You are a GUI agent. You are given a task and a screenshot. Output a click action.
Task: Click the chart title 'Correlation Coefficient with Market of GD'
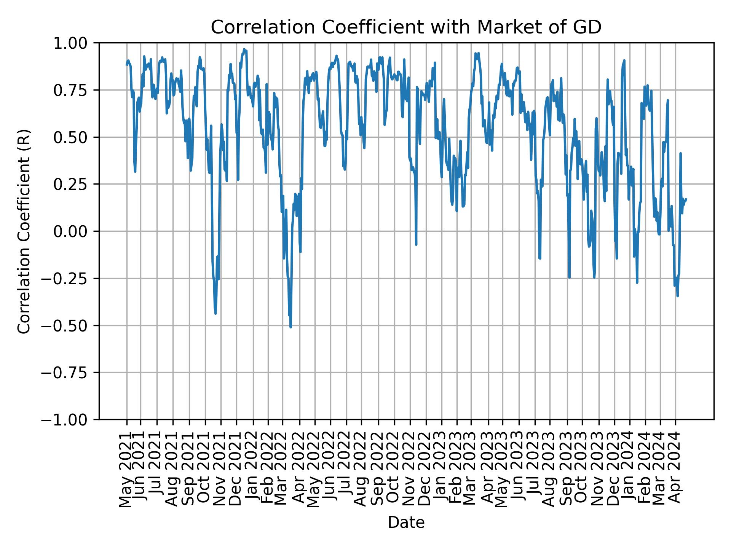click(406, 27)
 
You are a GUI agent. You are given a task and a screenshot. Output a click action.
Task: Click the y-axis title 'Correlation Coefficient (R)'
click(24, 231)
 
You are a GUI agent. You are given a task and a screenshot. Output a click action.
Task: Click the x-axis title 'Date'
click(406, 523)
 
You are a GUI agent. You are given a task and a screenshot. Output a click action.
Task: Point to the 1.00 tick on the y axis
click(76, 43)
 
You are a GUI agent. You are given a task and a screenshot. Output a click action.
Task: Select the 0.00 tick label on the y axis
click(76, 231)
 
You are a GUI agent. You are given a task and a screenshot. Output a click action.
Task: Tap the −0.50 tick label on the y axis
click(70, 325)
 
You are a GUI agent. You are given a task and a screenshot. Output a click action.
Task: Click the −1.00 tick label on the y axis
click(70, 420)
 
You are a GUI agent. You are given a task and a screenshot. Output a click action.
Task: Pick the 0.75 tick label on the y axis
click(76, 90)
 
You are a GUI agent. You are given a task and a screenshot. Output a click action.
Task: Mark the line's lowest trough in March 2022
click(290, 327)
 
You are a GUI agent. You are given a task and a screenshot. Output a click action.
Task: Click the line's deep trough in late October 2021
click(215, 313)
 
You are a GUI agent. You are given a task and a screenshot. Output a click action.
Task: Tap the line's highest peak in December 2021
click(244, 49)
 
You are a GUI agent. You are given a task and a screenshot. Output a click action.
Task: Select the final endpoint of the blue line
click(686, 199)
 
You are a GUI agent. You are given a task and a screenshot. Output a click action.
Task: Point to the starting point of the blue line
click(127, 64)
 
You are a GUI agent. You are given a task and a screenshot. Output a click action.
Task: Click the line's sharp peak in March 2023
click(475, 53)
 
